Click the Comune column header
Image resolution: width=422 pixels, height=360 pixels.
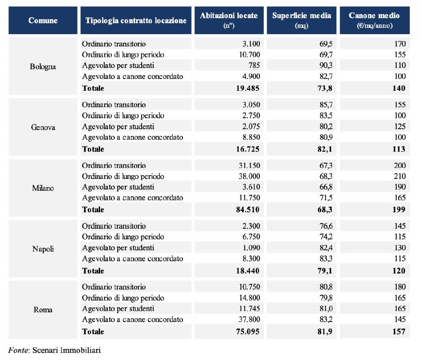coord(43,20)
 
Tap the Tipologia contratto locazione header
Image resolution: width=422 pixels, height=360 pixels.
coord(136,20)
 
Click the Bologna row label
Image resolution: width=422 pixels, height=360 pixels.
coord(43,67)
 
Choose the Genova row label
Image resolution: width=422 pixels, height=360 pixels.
coord(43,127)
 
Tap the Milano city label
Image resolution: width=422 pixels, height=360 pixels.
coord(43,188)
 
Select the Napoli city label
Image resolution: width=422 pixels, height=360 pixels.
coord(43,249)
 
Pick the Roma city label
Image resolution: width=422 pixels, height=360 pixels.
coord(43,310)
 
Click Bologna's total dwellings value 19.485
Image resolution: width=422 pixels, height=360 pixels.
coord(246,88)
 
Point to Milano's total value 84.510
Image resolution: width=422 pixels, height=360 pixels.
coord(246,209)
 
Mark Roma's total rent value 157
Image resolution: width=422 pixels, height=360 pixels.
coord(398,331)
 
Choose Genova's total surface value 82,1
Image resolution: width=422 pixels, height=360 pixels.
coord(323,149)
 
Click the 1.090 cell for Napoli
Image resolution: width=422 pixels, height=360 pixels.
coord(250,248)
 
